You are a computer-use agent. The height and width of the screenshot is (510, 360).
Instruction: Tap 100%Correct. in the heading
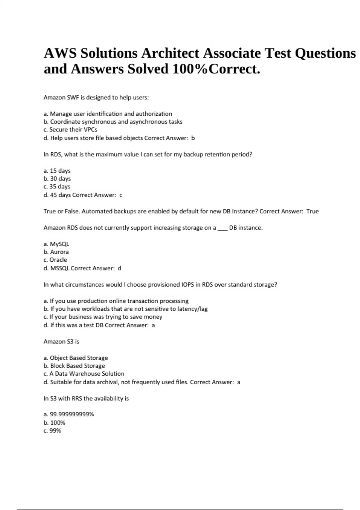216,69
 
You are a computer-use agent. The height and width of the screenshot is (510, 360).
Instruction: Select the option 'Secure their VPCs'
73,130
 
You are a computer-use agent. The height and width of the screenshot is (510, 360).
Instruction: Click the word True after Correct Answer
312,211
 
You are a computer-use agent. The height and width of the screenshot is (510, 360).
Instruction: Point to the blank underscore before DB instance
222,228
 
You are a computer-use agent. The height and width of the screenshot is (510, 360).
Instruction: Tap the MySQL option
59,244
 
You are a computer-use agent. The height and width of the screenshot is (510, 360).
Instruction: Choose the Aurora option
59,252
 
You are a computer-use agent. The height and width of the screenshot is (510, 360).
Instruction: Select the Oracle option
58,260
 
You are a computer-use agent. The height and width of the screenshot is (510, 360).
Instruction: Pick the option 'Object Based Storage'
79,358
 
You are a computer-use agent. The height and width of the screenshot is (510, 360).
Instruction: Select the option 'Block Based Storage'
77,366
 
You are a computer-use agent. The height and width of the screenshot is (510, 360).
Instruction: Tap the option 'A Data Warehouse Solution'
87,374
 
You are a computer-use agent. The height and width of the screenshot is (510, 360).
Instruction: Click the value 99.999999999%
72,414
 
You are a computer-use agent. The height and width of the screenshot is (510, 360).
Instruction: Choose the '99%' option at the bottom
55,431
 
